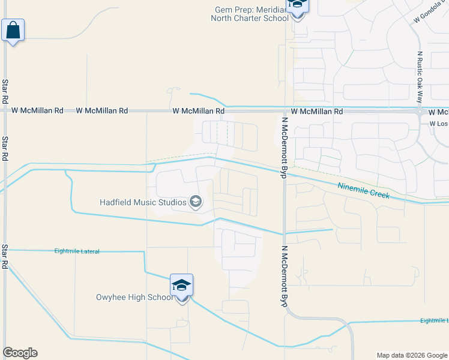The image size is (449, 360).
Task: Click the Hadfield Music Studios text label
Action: pyautogui.click(x=143, y=202)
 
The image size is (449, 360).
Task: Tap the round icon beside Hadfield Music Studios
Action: pyautogui.click(x=196, y=202)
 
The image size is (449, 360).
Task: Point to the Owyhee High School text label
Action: pyautogui.click(x=134, y=297)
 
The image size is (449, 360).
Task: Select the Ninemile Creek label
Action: pyautogui.click(x=364, y=191)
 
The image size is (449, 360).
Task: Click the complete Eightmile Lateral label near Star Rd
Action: pyautogui.click(x=76, y=251)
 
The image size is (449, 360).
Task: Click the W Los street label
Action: pyautogui.click(x=439, y=124)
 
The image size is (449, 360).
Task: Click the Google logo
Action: pyautogui.click(x=20, y=353)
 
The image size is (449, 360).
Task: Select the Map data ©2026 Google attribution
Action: pyautogui.click(x=412, y=355)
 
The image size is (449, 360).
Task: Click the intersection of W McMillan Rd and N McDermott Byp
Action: pyautogui.click(x=284, y=110)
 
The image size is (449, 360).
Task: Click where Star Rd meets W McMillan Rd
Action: pyautogui.click(x=5, y=110)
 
